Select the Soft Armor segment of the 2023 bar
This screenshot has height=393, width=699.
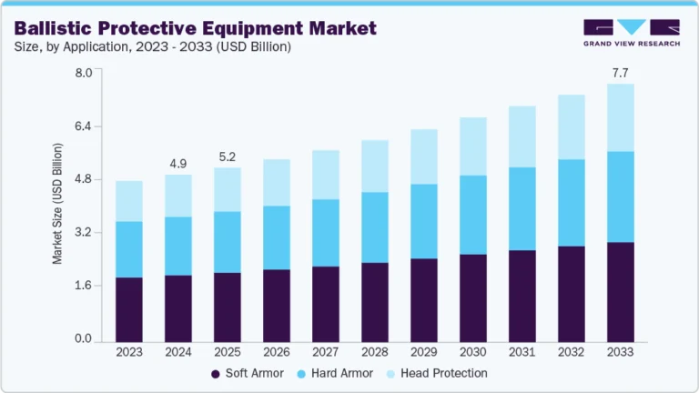click(129, 309)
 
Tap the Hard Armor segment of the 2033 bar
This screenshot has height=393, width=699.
click(620, 196)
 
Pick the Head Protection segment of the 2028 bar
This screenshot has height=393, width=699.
click(374, 166)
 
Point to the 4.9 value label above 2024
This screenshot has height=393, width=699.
click(178, 164)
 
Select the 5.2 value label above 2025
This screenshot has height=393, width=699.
click(227, 156)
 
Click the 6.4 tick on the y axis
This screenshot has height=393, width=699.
click(84, 126)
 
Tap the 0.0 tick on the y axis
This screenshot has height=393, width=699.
click(84, 339)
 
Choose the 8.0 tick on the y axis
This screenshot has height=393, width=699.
click(84, 72)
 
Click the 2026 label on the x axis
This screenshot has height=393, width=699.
click(277, 351)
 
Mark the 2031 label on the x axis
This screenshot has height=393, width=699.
click(522, 351)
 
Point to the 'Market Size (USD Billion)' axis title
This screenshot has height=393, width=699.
click(57, 204)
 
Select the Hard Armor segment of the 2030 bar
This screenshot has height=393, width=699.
click(472, 215)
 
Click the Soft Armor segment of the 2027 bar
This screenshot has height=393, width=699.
click(325, 304)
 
